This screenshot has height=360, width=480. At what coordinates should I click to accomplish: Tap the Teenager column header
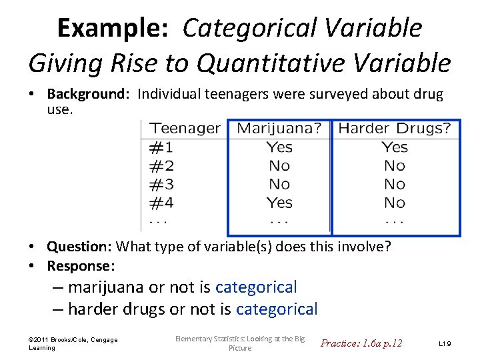point(185,128)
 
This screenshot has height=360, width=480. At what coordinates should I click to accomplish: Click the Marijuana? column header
point(279,128)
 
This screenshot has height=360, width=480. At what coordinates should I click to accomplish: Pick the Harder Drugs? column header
point(395,128)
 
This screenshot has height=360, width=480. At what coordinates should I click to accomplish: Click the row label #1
point(161,147)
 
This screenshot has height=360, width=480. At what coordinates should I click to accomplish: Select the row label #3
point(161,184)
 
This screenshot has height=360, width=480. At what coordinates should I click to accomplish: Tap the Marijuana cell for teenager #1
point(279,147)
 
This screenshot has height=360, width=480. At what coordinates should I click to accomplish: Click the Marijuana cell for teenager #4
point(279,202)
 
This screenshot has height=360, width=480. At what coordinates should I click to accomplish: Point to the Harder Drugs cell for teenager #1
point(395,147)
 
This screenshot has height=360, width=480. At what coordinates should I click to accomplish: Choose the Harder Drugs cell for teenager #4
point(395,202)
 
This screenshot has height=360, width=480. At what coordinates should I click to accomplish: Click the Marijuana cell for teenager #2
point(279,165)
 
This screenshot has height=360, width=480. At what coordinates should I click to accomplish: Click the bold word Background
point(89,94)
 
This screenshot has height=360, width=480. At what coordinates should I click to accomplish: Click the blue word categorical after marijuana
point(256,287)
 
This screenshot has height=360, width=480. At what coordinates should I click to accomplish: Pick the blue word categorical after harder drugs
point(277,309)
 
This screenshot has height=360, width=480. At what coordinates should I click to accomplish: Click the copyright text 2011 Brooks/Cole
point(73,340)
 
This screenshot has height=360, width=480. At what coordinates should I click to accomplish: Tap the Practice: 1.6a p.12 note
point(361,343)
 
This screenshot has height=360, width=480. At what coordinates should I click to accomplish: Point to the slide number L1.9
point(445,343)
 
